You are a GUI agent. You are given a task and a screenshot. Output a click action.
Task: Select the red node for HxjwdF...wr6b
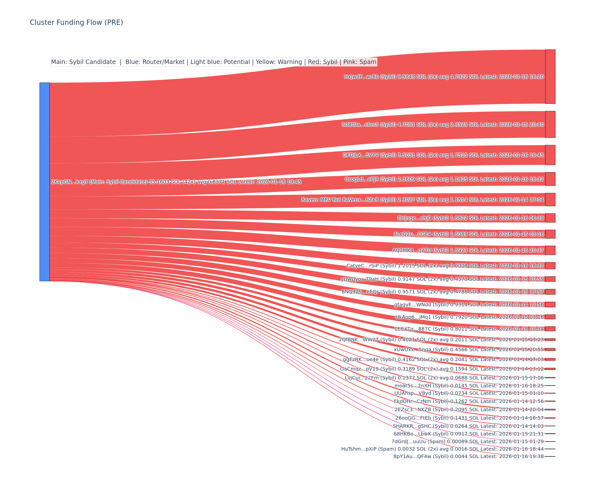point(550,77)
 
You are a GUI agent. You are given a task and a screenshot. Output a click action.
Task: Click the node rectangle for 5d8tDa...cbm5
point(550,124)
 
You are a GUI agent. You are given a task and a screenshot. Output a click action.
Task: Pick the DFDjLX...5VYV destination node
point(550,155)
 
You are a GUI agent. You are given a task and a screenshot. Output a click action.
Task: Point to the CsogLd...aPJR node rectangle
point(550,179)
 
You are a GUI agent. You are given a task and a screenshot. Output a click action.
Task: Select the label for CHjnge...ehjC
point(470,218)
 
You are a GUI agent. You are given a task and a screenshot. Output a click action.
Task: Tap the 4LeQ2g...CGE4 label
point(469,234)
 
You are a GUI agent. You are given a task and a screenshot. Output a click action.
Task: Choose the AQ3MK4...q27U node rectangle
point(550,250)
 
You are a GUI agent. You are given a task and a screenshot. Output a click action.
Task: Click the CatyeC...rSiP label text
point(445,266)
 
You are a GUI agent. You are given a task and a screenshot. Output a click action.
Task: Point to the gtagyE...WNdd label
point(469,305)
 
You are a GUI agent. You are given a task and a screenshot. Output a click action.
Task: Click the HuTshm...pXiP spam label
point(442,449)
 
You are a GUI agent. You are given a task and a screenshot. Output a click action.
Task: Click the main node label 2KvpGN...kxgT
point(176,182)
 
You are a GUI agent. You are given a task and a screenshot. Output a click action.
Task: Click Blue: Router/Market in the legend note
point(155,62)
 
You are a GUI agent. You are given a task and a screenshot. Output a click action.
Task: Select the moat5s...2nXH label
point(469,386)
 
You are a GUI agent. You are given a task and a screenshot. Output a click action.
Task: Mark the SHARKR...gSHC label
point(468,426)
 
